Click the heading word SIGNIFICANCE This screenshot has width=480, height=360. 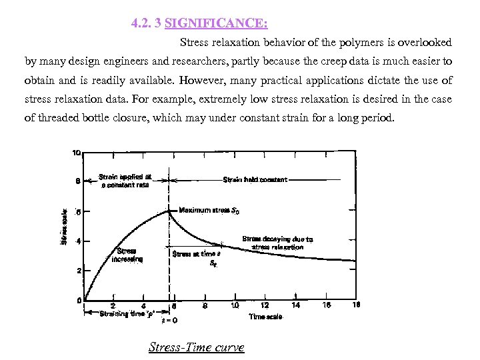[x=216, y=24]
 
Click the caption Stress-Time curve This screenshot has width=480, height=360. [x=196, y=347]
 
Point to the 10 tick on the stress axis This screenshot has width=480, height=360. [x=77, y=152]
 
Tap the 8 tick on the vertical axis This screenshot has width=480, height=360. [x=78, y=181]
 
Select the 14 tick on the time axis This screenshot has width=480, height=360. [x=296, y=305]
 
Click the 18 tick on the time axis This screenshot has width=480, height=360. [x=356, y=305]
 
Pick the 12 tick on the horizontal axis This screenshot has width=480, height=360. [x=265, y=305]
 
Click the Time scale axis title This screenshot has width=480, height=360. [x=266, y=317]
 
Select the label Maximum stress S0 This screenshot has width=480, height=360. [x=209, y=211]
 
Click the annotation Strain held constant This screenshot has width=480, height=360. [x=255, y=179]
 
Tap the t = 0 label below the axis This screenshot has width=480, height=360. [x=170, y=320]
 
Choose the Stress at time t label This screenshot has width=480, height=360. [x=197, y=254]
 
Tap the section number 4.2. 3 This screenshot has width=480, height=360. [x=146, y=24]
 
